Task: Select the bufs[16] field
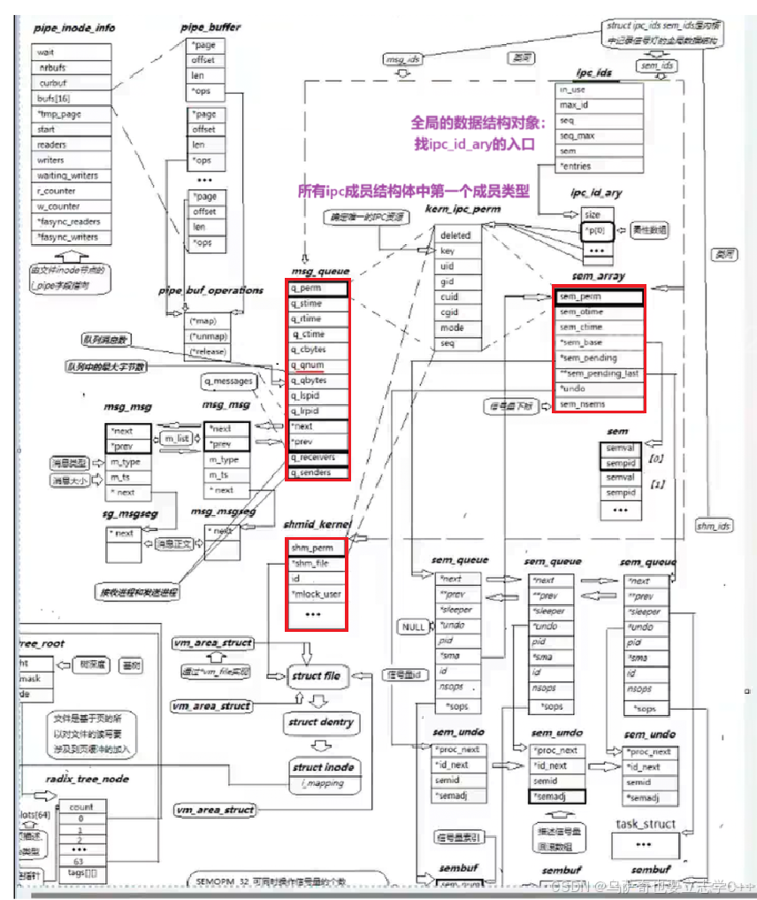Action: tap(55, 98)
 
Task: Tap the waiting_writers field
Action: tap(67, 175)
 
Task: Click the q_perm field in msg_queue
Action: tap(306, 288)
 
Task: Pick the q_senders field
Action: tap(311, 473)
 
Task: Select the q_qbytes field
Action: tap(309, 381)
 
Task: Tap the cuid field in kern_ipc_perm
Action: tap(449, 297)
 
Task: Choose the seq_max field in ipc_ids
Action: tap(577, 135)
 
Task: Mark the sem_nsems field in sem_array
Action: tap(582, 404)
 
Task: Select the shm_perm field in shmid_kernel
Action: tap(312, 547)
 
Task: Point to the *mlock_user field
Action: tap(316, 594)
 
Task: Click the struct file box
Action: tap(316, 676)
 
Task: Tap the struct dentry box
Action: tap(320, 722)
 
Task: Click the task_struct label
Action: tap(645, 824)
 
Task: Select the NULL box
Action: tap(413, 627)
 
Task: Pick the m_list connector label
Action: tap(177, 439)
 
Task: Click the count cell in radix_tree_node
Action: tap(81, 807)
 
